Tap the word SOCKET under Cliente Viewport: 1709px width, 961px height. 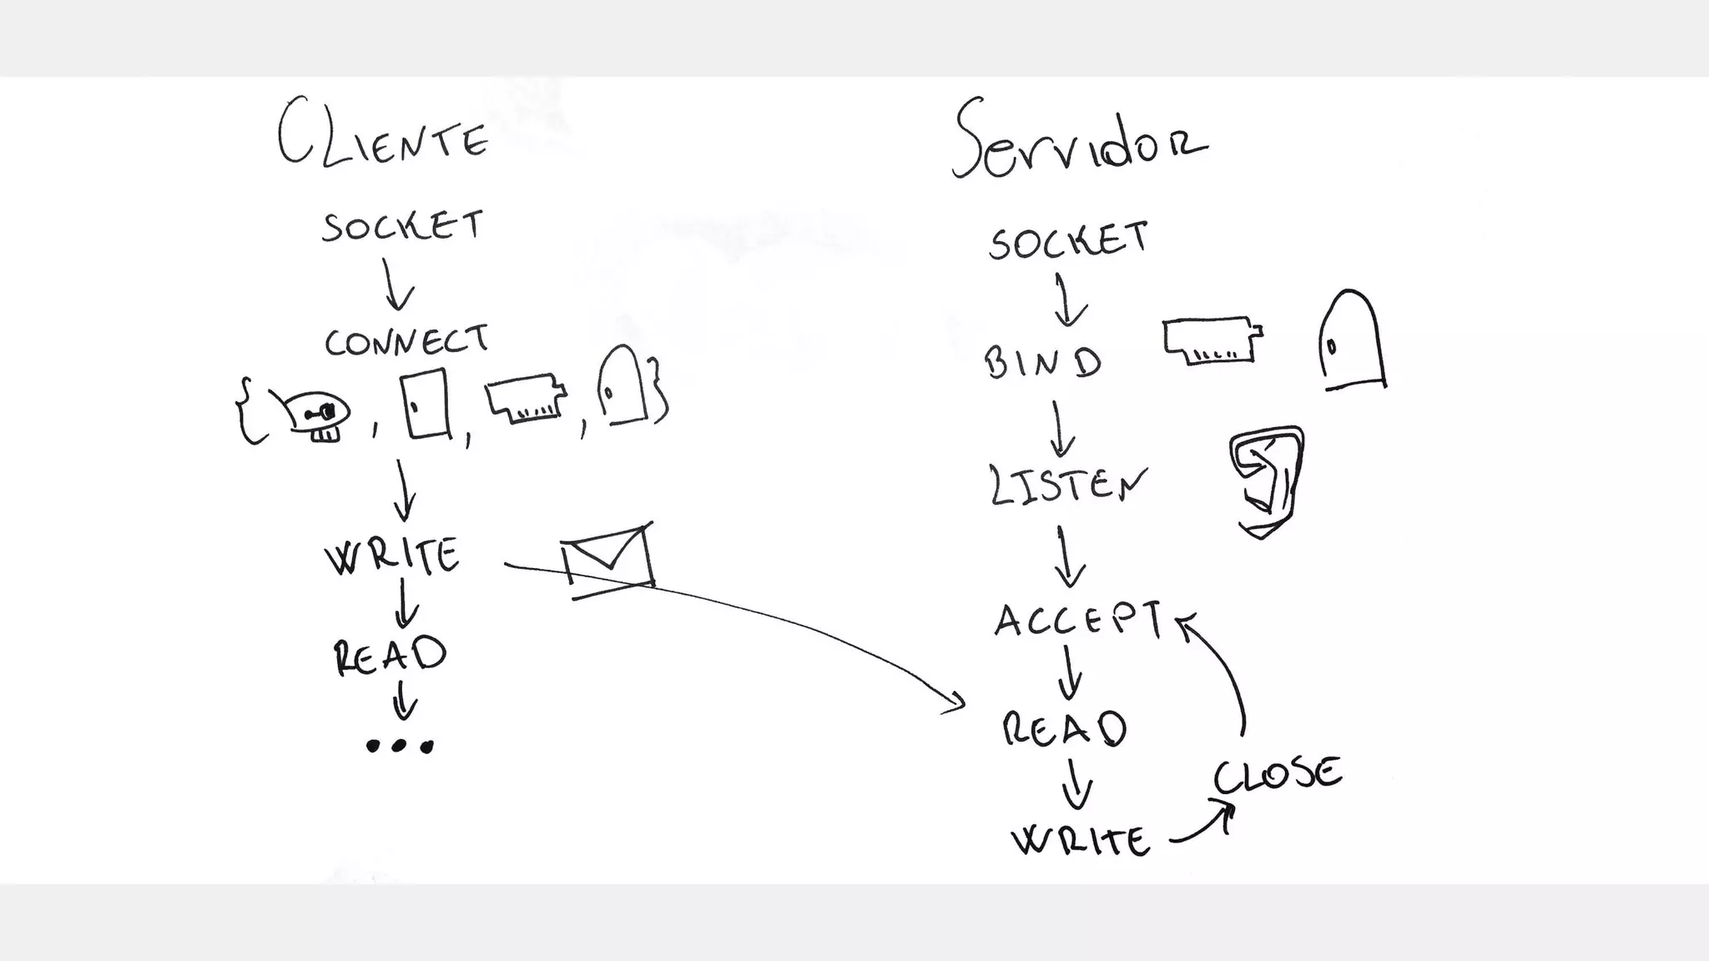(x=402, y=226)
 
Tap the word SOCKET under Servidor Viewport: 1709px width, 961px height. (x=1068, y=239)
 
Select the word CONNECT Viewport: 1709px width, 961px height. (x=406, y=341)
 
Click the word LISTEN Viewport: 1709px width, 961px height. (x=1066, y=485)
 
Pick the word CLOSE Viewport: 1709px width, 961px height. (x=1277, y=775)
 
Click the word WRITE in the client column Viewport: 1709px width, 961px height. (x=392, y=556)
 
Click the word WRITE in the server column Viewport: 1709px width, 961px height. (x=1081, y=839)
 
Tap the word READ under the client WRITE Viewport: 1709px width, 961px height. (x=390, y=655)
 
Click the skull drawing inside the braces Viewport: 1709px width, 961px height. (x=317, y=415)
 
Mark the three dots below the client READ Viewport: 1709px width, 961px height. (x=400, y=746)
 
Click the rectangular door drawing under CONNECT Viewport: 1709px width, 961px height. (x=426, y=404)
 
